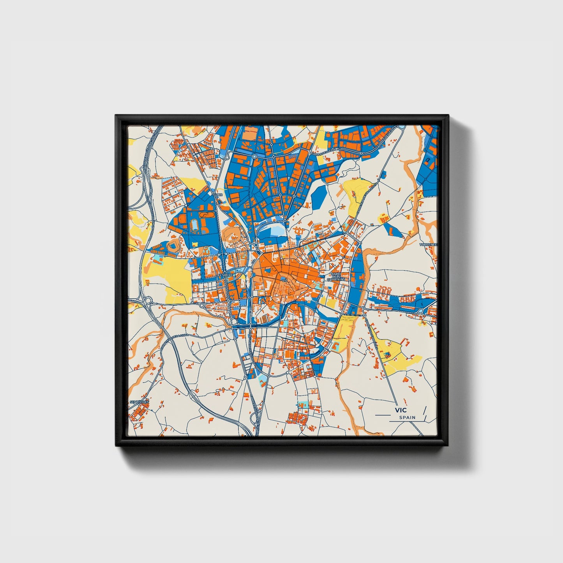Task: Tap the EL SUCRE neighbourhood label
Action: [x=225, y=275]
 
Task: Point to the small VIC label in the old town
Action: [x=284, y=280]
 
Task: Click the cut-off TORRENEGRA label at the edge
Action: [x=429, y=245]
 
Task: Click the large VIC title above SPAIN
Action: [x=400, y=410]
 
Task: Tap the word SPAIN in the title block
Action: [x=407, y=418]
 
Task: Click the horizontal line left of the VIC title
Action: [x=382, y=415]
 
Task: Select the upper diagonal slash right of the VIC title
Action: [x=424, y=410]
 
